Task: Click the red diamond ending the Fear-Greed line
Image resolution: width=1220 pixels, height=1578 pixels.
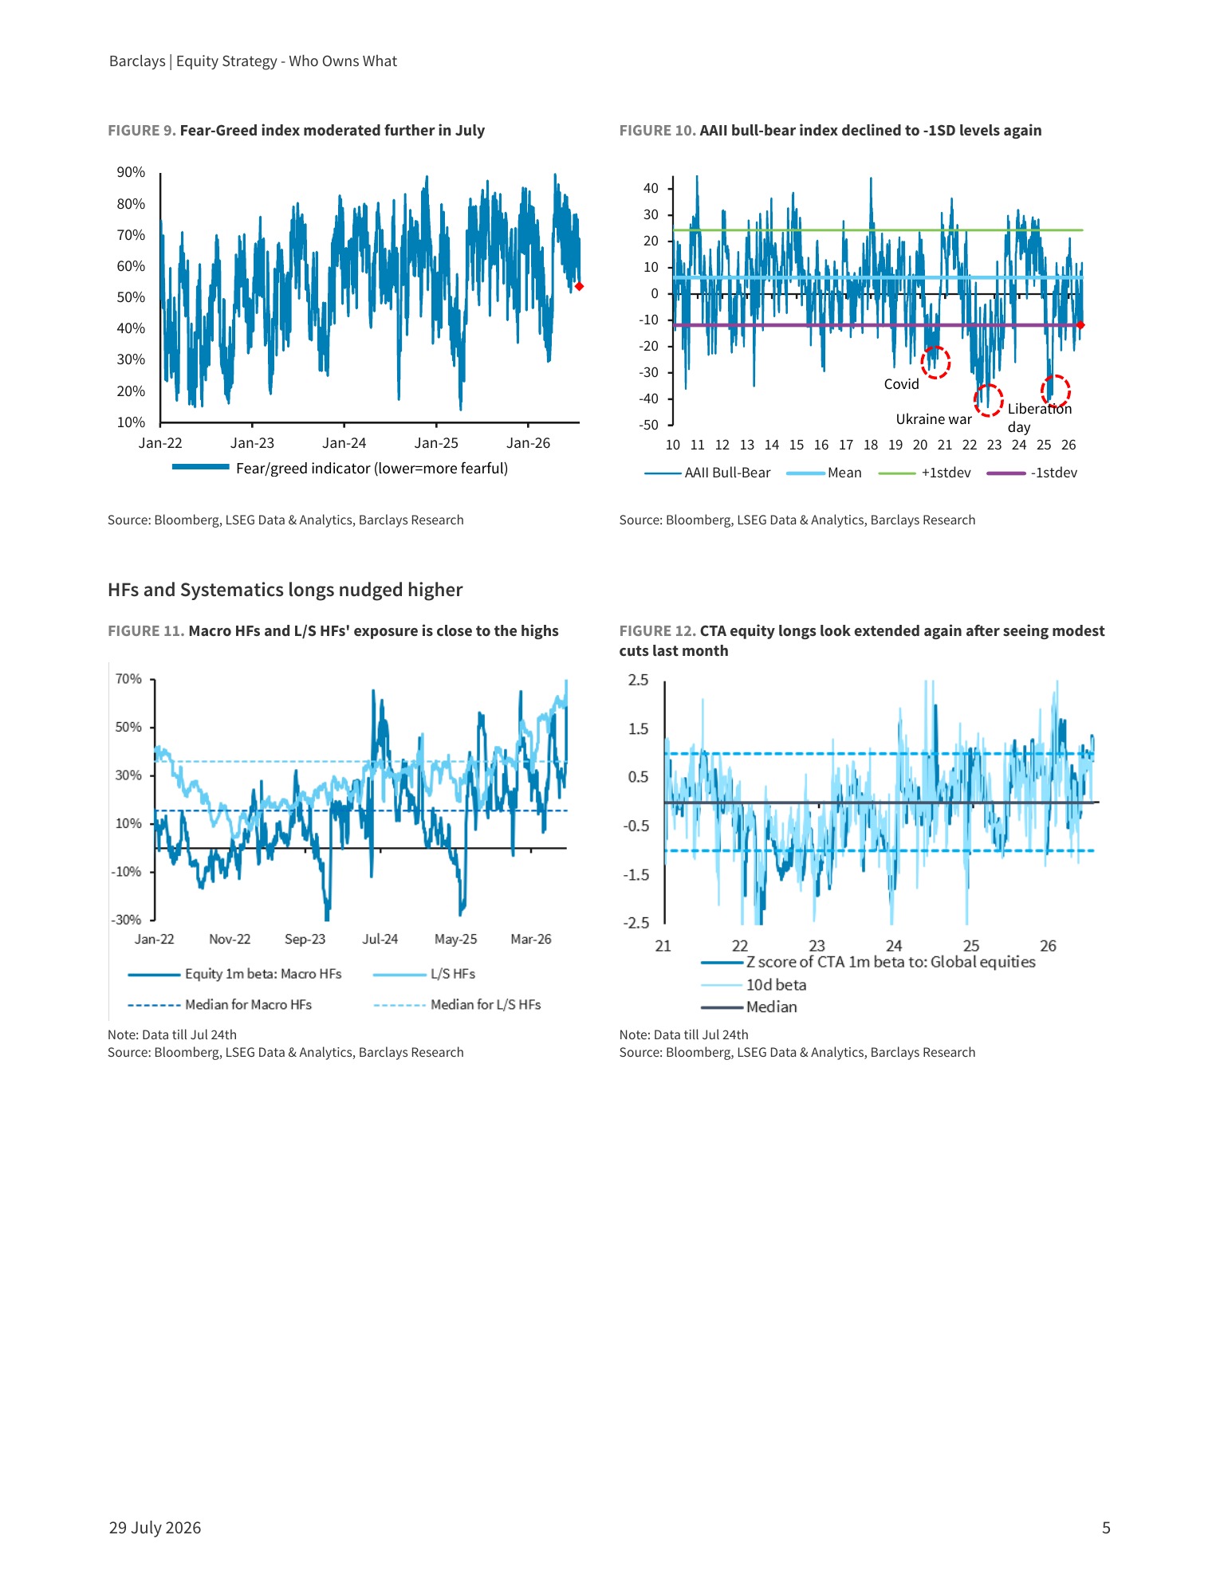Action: pos(579,286)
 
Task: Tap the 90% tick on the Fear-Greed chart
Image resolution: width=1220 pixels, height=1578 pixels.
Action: pos(131,172)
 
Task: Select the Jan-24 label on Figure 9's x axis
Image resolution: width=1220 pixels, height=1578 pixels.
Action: pos(344,443)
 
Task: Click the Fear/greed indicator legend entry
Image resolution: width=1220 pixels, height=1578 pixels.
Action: pos(340,468)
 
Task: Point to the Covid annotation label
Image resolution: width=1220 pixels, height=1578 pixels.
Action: pos(901,384)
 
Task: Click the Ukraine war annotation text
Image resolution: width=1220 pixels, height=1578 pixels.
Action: pos(934,419)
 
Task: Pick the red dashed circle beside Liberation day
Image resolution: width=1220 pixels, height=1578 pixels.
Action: pos(1055,391)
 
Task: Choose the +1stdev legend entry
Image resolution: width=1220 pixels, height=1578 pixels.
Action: pos(925,473)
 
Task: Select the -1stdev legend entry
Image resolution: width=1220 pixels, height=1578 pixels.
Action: pos(1032,473)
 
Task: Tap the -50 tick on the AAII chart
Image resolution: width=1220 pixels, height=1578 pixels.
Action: pos(649,425)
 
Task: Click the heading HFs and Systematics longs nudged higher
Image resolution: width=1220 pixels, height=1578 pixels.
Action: pos(285,590)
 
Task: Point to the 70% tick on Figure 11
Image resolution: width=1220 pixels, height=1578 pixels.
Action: pos(128,679)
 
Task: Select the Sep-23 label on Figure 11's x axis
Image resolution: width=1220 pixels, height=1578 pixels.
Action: pos(305,939)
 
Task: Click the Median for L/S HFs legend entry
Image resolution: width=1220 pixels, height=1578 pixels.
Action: pos(458,1005)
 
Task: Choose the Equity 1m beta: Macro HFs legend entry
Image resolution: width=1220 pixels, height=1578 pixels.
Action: pos(235,974)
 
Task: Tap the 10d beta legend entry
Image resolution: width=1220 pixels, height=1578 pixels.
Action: pos(754,985)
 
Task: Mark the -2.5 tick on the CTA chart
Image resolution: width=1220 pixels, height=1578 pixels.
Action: pos(636,923)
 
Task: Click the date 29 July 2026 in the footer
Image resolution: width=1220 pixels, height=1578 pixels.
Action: pos(155,1528)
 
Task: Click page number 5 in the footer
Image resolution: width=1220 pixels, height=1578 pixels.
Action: pos(1106,1528)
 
